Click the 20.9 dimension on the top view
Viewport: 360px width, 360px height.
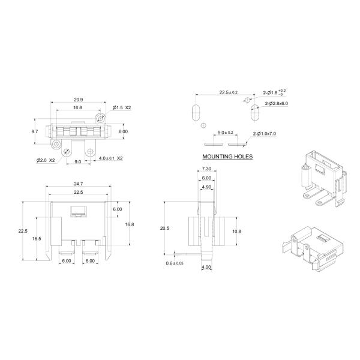coord(78,99)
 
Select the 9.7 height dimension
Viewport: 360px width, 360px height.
coord(35,131)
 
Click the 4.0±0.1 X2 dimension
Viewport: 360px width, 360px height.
coord(111,158)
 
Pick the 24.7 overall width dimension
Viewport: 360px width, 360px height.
coord(78,183)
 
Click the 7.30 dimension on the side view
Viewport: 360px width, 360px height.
coord(206,170)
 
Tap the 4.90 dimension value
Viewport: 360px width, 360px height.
coord(206,187)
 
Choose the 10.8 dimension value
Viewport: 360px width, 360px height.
coord(236,231)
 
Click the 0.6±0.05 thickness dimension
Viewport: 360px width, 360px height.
coord(175,263)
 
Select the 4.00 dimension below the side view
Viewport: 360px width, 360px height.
coord(206,267)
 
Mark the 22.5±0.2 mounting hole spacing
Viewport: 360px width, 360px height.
coord(228,92)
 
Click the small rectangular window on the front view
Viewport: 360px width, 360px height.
coord(78,210)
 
